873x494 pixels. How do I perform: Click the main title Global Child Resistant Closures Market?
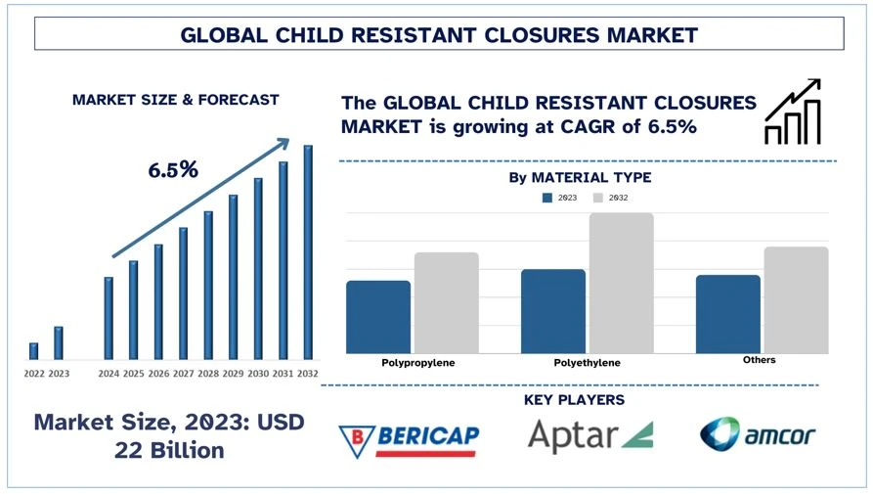[439, 35]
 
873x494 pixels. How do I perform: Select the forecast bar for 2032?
[308, 252]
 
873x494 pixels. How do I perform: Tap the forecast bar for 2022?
[34, 351]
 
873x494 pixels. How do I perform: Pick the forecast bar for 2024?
[109, 318]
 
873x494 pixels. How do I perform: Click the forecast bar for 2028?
[208, 285]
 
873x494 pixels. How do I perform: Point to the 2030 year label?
[258, 374]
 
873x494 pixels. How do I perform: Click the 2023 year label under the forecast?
[59, 374]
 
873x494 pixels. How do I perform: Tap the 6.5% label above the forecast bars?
[173, 169]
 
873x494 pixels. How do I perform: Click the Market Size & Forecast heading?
[175, 100]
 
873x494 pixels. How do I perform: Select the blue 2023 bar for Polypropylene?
[378, 317]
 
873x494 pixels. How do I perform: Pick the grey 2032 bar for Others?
[796, 299]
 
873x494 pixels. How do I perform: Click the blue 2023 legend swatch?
[547, 198]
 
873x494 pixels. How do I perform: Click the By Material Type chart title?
[580, 177]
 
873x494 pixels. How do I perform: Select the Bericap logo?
[408, 436]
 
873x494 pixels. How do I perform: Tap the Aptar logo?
[590, 435]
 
